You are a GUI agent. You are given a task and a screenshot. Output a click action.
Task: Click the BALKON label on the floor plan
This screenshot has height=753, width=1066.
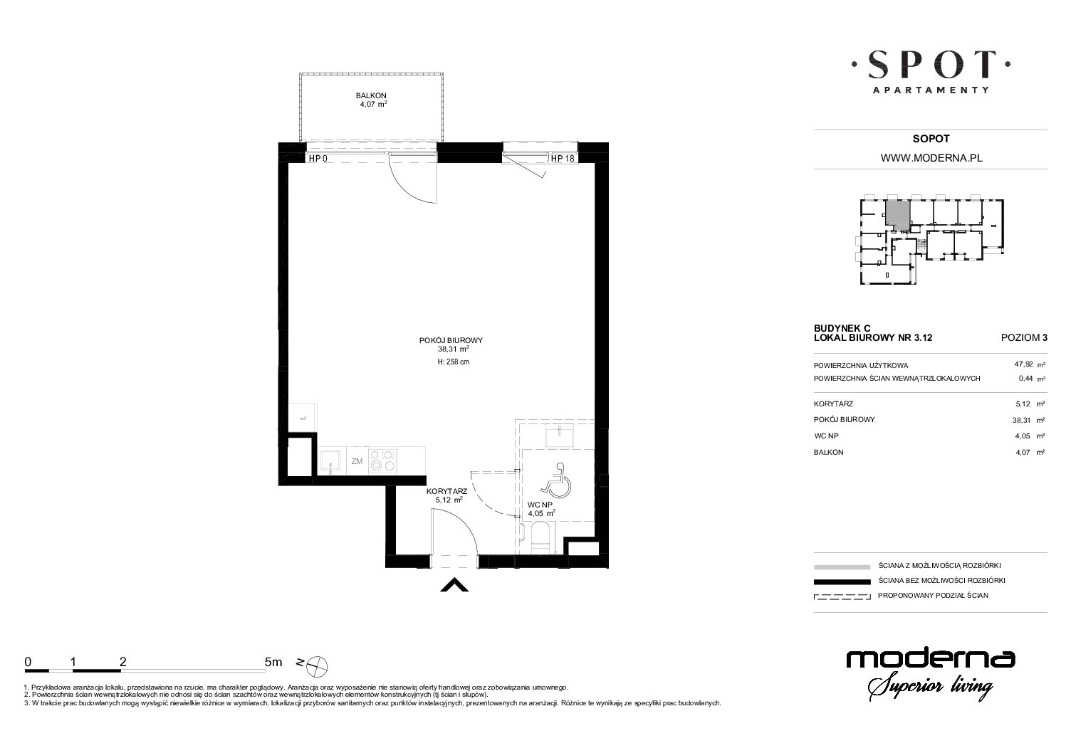(371, 95)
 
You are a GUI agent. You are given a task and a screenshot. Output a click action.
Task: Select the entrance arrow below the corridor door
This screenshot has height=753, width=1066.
(454, 584)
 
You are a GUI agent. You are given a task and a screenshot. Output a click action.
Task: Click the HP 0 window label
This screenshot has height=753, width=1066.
(318, 159)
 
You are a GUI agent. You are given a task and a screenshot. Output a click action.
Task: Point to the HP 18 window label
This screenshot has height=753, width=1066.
(563, 159)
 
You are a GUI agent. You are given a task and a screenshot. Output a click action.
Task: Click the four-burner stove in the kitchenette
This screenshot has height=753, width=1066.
(382, 460)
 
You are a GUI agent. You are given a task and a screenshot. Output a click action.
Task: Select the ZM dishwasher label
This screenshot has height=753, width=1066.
(357, 461)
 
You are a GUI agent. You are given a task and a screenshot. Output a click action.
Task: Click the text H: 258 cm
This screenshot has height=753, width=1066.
(453, 362)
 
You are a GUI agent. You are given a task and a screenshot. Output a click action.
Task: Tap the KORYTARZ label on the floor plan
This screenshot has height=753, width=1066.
(446, 491)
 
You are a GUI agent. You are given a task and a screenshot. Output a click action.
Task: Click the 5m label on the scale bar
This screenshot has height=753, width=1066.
(273, 662)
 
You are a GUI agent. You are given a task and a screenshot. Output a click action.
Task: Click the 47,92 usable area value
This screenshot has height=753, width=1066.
(1023, 364)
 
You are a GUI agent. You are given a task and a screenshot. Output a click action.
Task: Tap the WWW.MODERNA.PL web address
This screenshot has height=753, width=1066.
(931, 158)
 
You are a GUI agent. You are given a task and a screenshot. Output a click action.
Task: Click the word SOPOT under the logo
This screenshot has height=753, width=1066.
(931, 139)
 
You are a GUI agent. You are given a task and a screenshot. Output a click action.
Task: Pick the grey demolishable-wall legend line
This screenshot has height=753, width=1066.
(842, 567)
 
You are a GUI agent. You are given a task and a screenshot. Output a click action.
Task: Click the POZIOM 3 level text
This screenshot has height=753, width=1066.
(1024, 338)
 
